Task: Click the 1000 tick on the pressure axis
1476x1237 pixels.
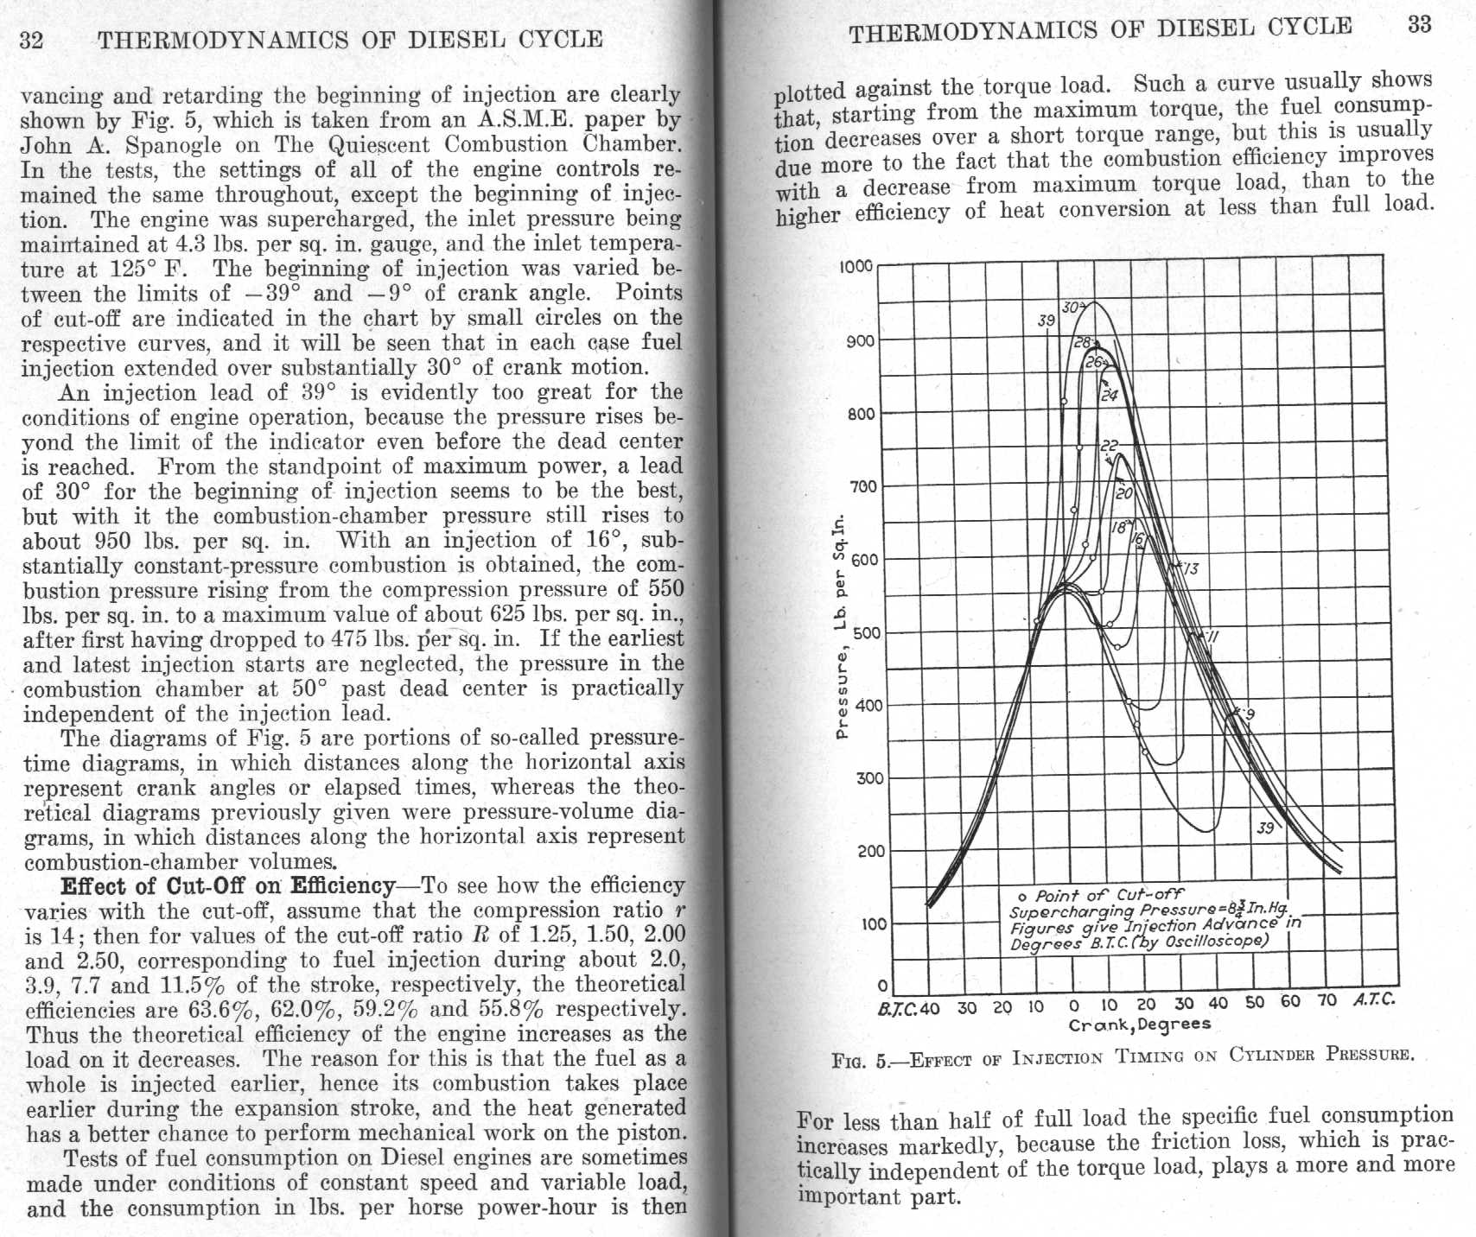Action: (856, 266)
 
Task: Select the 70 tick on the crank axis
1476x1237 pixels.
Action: (1326, 1000)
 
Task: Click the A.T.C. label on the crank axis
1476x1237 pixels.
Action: (1374, 999)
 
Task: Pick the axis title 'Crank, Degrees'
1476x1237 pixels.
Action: (1140, 1024)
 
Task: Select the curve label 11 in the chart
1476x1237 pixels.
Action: (1212, 638)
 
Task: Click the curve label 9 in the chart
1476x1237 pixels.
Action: (1250, 714)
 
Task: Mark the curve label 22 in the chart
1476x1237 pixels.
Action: (1109, 446)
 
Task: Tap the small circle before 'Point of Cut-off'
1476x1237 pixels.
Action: (1022, 896)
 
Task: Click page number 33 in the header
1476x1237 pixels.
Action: (1419, 24)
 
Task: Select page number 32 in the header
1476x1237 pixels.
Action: (32, 41)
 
